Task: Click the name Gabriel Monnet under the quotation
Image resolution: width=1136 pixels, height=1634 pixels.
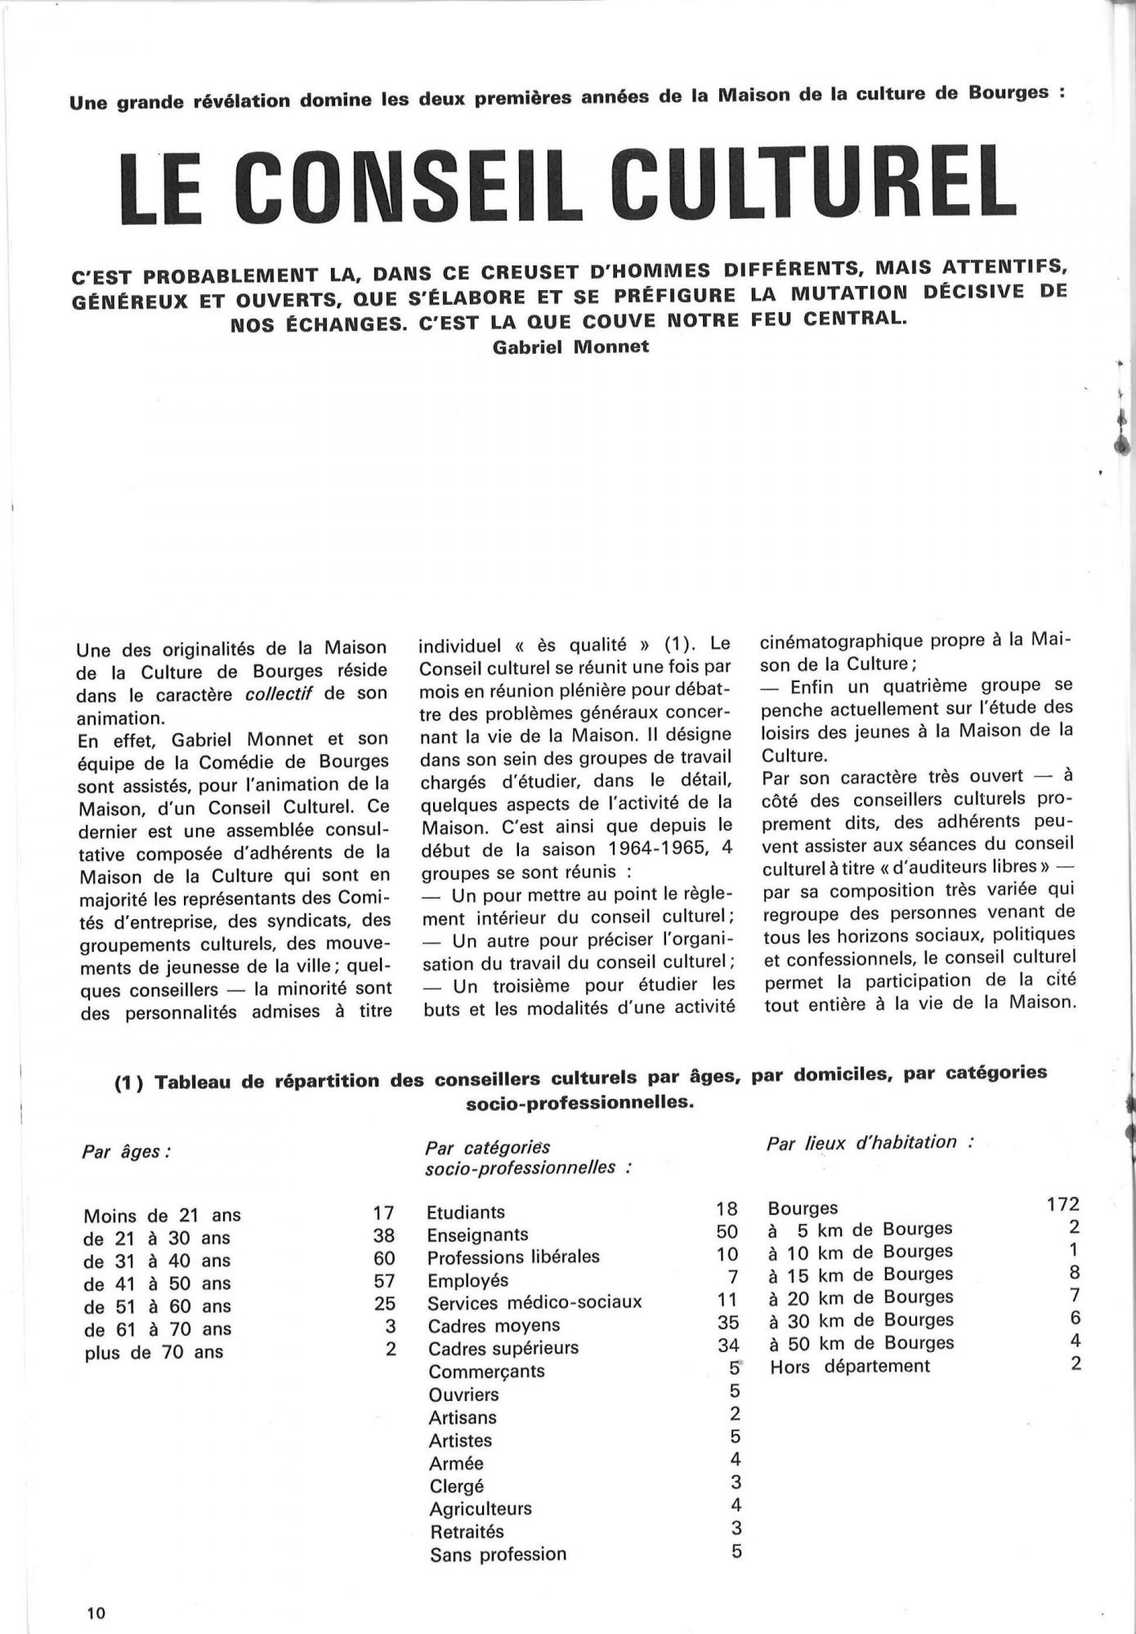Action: [571, 346]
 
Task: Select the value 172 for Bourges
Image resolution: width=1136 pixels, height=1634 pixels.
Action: [1062, 1204]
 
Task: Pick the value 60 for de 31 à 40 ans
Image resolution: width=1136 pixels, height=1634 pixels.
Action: [383, 1260]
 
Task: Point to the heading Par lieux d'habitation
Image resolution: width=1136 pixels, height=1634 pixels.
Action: [869, 1142]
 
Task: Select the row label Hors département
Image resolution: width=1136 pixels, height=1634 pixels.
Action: [849, 1366]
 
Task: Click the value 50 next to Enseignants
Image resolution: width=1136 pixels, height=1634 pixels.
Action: [727, 1232]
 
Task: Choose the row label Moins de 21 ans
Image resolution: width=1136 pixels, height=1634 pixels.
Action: [162, 1216]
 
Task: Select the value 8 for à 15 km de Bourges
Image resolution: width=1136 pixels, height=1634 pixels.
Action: [1074, 1272]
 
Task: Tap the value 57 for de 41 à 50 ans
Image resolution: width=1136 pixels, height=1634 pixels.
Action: [383, 1283]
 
